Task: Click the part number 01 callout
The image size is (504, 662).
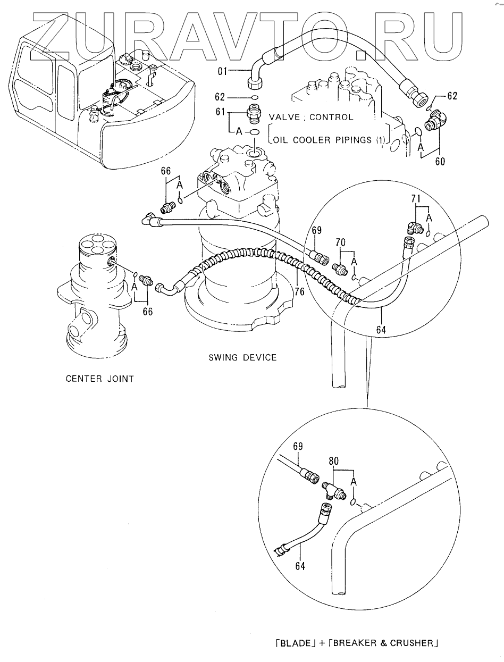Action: pos(222,71)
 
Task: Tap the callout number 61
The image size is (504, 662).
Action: pos(220,112)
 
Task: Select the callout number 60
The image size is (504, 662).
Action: pos(440,162)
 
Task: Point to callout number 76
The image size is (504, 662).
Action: pos(300,291)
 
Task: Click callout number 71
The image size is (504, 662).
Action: pos(416,198)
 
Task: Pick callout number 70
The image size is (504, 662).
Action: pos(340,242)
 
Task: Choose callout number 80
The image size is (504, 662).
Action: pos(333,461)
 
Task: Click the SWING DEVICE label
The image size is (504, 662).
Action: pos(242,358)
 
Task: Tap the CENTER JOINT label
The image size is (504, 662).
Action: pos(100,379)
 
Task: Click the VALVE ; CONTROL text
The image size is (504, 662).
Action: pos(310,117)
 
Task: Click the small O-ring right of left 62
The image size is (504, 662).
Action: pos(255,97)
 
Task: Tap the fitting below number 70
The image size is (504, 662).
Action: pos(339,267)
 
